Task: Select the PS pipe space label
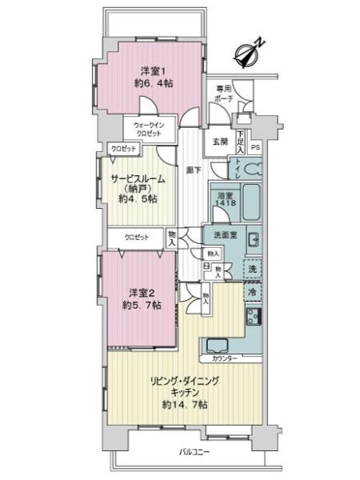255,146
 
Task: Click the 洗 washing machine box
251,270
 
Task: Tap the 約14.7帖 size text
185,406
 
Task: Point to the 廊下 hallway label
191,170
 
